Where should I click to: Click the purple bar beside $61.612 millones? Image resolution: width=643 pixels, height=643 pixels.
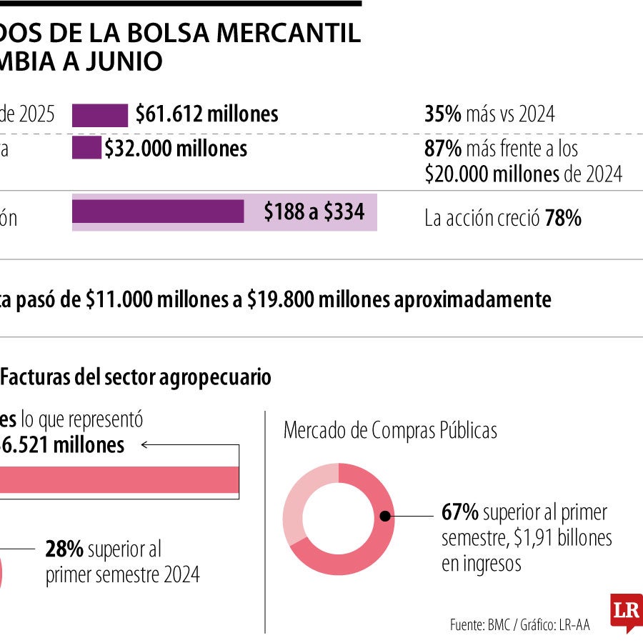click(x=100, y=114)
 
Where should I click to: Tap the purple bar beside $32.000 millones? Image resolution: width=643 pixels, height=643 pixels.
click(x=86, y=149)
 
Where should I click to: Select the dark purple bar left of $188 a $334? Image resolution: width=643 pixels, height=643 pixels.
click(x=158, y=211)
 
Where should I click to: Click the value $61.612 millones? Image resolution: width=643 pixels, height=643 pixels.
click(x=206, y=114)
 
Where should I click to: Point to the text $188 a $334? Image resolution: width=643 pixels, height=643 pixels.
click(x=314, y=212)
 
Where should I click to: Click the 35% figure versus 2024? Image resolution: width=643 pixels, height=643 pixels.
click(x=442, y=114)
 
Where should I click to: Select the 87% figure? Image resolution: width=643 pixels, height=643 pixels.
click(x=442, y=149)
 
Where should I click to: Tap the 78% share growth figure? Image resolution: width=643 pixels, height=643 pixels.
click(x=563, y=219)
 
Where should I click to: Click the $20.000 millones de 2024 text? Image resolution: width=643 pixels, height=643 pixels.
click(x=523, y=174)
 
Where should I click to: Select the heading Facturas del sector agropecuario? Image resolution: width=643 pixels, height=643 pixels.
click(x=136, y=377)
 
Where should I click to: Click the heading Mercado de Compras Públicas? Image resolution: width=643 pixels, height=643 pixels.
click(x=390, y=431)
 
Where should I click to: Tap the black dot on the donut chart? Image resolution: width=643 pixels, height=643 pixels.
click(x=384, y=515)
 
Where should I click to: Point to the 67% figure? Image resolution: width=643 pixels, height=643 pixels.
click(x=459, y=512)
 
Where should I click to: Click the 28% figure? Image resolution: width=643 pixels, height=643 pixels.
click(x=64, y=549)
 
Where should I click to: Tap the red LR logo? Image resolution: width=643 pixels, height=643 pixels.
click(x=626, y=611)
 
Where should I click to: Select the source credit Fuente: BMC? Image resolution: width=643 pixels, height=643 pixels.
click(x=479, y=624)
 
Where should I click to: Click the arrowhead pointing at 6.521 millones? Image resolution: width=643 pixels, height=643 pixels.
click(x=145, y=444)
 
